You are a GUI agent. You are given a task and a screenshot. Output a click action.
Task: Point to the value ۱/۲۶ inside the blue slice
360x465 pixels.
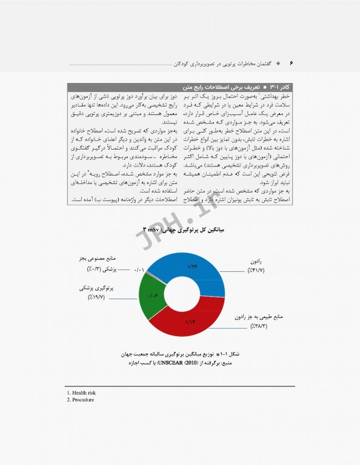coord(193,267)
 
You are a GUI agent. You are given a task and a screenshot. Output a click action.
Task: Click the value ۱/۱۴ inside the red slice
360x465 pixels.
coord(191,322)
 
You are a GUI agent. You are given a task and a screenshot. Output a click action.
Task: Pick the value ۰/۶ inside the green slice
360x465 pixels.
coord(152,295)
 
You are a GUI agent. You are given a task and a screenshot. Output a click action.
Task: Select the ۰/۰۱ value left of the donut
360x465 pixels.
coord(139,269)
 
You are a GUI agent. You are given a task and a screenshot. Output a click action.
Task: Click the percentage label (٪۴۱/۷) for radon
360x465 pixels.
coord(256,269)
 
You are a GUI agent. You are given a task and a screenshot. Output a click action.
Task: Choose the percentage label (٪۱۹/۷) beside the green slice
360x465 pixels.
coord(96,298)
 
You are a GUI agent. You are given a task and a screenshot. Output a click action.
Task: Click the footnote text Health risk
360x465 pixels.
coord(81,392)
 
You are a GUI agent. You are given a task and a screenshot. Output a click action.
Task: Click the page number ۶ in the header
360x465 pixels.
coord(291,63)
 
